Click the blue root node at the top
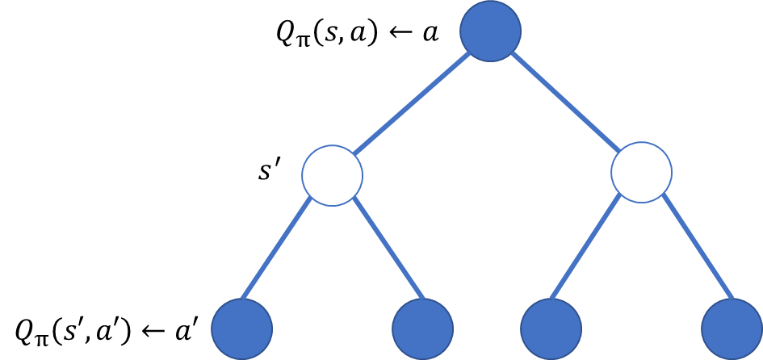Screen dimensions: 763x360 click(x=490, y=31)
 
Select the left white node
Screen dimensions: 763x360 click(x=332, y=175)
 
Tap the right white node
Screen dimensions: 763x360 click(x=641, y=172)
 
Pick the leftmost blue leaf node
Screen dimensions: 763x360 click(x=241, y=329)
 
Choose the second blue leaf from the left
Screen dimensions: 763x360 click(x=422, y=329)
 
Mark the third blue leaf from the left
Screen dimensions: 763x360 click(x=551, y=329)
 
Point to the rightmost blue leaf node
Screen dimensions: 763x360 click(x=731, y=329)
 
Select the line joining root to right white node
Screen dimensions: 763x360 click(x=565, y=101)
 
